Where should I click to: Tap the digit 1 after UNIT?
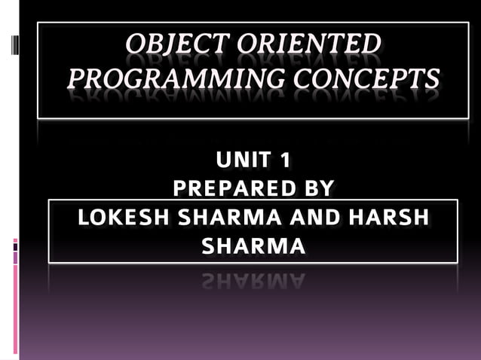282,160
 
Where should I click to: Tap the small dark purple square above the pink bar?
15,245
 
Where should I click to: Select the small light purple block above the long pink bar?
15,258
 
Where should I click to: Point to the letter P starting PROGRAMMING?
77,78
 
